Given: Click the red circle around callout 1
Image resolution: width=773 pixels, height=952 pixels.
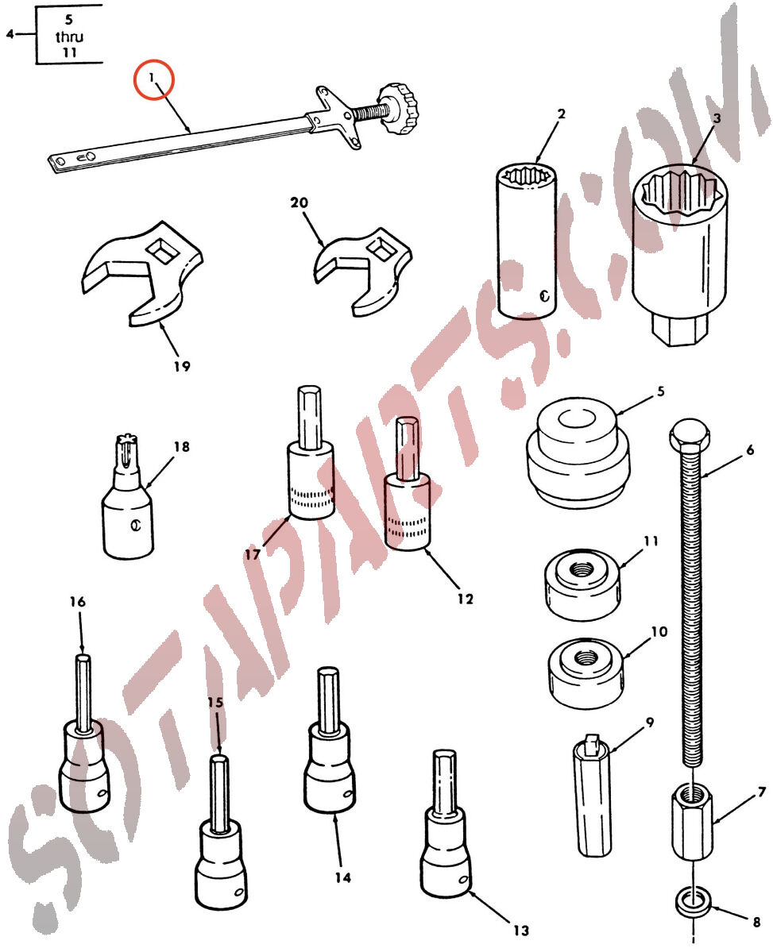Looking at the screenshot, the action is (x=154, y=79).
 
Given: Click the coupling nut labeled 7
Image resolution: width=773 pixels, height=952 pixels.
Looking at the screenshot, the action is (x=692, y=820).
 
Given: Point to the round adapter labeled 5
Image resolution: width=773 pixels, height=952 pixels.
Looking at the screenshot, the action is (x=577, y=453).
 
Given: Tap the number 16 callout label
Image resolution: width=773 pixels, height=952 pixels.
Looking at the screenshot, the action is (x=77, y=602).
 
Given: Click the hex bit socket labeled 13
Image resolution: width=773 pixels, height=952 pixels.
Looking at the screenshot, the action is (x=446, y=824).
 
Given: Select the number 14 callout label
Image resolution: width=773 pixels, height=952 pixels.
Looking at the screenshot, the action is (x=342, y=877).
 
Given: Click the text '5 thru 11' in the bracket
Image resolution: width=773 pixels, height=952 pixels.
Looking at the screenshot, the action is (x=69, y=36).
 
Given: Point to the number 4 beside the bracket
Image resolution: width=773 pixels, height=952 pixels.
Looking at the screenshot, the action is (x=10, y=34).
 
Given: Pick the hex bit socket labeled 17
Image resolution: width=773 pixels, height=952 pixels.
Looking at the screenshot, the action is (x=311, y=453).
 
